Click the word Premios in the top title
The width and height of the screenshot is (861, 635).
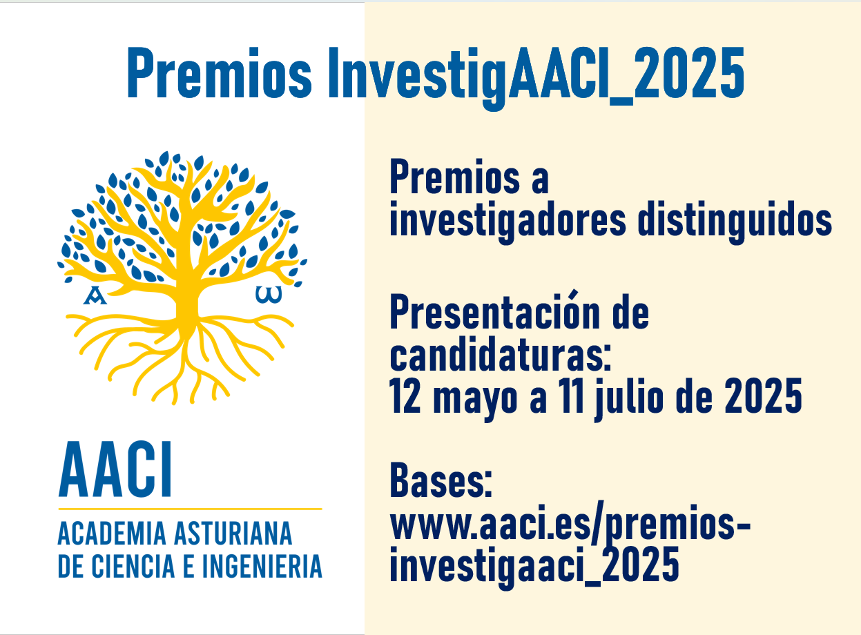coord(220,72)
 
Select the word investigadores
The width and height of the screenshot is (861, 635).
coord(507,222)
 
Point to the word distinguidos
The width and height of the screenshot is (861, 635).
coord(735,222)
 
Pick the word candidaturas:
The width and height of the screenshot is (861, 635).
coord(501,353)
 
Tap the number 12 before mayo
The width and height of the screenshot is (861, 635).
coord(405,396)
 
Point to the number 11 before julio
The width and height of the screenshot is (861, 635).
coord(572,396)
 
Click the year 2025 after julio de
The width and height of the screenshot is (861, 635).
coord(763,396)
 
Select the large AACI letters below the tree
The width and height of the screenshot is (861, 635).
coord(115,469)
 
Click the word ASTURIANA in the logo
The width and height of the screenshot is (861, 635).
coord(233,534)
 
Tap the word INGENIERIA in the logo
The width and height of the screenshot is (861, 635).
coord(262,566)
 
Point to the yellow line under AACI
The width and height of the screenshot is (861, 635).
coord(190,509)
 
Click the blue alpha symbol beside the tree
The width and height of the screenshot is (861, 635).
coord(95,295)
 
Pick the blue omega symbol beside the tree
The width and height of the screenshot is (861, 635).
coord(269,295)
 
